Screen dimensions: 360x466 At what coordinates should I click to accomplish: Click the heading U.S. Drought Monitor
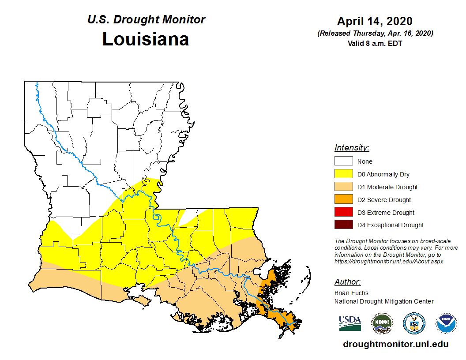146,20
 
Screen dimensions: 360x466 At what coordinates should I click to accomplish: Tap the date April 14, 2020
375,21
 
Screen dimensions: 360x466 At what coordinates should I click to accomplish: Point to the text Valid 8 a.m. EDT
375,43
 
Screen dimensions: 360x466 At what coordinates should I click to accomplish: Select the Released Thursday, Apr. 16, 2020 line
375,34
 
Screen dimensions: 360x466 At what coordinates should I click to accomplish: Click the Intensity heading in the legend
352,148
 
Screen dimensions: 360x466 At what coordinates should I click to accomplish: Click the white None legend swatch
343,161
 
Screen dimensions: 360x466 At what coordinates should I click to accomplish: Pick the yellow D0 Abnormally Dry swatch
343,174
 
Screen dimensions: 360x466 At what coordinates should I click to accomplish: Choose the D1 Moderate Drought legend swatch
343,187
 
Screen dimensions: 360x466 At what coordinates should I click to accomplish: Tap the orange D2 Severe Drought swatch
343,200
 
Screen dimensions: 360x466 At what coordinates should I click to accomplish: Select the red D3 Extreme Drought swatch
343,212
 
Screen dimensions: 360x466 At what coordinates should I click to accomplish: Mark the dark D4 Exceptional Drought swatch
343,225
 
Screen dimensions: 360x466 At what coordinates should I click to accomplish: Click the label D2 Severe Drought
384,200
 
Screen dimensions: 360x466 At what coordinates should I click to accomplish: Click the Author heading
347,282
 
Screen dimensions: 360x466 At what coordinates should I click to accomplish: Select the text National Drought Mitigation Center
384,301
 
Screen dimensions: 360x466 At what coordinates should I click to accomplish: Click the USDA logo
350,323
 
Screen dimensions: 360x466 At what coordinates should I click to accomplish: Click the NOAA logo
446,323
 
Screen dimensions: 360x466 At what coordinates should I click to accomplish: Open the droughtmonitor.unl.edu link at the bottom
395,344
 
